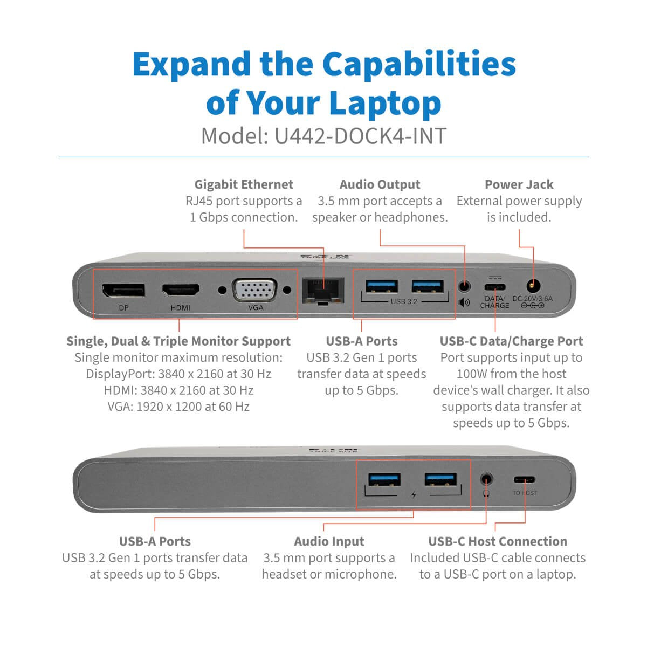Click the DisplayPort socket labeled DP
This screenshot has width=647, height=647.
pyautogui.click(x=123, y=290)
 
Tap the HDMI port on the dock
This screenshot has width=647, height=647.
pyautogui.click(x=181, y=290)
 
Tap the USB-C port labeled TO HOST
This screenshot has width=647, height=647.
pyautogui.click(x=525, y=479)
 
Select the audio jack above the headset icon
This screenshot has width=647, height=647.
pyautogui.click(x=486, y=479)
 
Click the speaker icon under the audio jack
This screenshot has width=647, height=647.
pyautogui.click(x=464, y=302)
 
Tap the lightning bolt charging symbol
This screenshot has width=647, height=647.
pyautogui.click(x=414, y=494)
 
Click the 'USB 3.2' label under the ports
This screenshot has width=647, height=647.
pyautogui.click(x=404, y=301)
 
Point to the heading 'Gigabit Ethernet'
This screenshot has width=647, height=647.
pyautogui.click(x=244, y=184)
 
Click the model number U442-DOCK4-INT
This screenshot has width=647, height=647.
pyautogui.click(x=360, y=136)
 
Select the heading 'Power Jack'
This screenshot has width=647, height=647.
pyautogui.click(x=519, y=184)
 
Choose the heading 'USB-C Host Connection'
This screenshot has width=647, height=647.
pyautogui.click(x=497, y=541)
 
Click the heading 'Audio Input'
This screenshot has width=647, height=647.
pyautogui.click(x=329, y=541)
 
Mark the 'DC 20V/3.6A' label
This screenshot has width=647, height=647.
pyautogui.click(x=532, y=298)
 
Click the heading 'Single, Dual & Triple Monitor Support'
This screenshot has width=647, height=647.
pyautogui.click(x=178, y=341)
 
